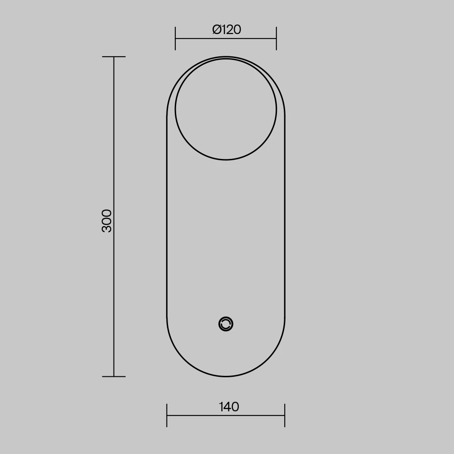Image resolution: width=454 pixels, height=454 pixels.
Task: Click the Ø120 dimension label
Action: click(227, 30)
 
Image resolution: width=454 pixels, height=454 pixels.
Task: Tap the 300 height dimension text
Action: click(107, 221)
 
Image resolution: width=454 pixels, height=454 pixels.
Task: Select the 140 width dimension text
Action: click(229, 407)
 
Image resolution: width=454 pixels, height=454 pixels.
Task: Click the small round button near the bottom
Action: click(226, 324)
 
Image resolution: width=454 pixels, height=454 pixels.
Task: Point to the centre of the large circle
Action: click(226, 109)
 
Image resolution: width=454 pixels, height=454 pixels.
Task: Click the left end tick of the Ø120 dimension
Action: click(175, 38)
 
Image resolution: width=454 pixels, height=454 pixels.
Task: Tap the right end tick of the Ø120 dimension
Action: click(276, 38)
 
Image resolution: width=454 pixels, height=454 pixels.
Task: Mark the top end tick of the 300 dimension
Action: click(114, 57)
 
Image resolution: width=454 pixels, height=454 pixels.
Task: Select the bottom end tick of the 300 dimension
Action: click(114, 376)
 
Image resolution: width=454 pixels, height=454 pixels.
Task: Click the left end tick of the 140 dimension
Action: click(167, 415)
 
